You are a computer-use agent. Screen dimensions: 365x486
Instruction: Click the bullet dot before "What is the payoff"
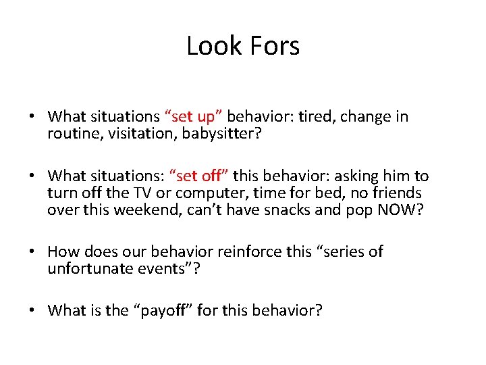coord(32,312)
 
